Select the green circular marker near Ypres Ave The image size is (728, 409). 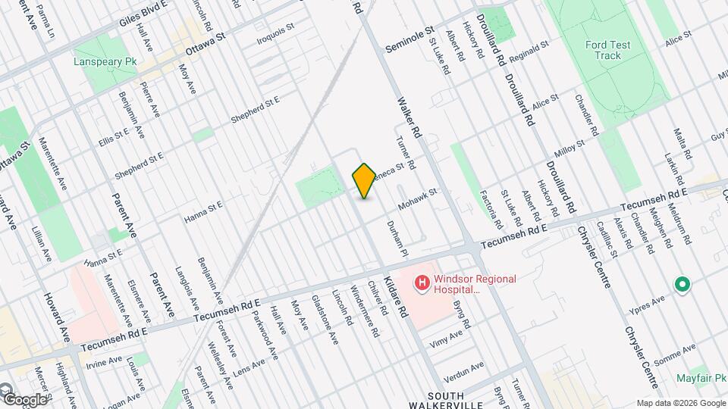pos(682,286)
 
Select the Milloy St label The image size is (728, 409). pos(568,146)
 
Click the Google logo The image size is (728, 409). pos(24,399)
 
